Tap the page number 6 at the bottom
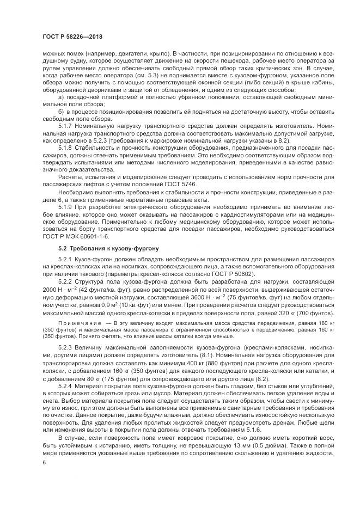[44, 463]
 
